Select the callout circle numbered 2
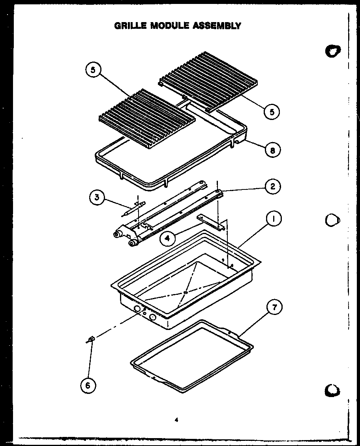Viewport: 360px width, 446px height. click(x=273, y=187)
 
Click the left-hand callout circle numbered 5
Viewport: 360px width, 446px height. click(x=93, y=70)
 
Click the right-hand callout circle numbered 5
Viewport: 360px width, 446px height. click(x=272, y=111)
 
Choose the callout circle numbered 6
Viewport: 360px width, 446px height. click(x=88, y=385)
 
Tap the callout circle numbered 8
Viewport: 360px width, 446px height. click(x=273, y=150)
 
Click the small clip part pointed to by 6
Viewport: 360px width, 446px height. click(x=90, y=339)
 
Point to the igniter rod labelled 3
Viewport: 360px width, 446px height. click(x=133, y=208)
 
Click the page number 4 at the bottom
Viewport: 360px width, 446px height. click(x=176, y=420)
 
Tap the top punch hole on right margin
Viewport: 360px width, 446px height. click(x=333, y=51)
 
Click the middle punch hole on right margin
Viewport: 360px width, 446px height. click(x=332, y=220)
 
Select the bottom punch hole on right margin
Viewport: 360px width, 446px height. click(x=332, y=390)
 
